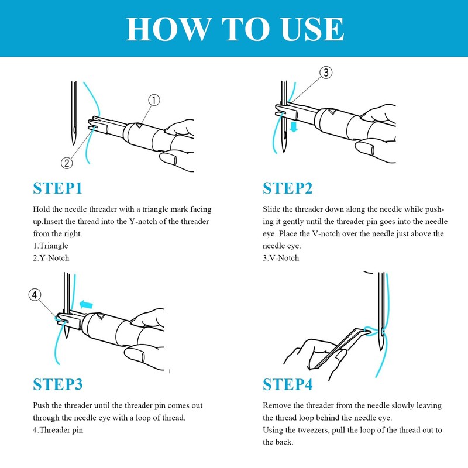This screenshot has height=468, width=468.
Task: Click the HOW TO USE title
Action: click(x=234, y=28)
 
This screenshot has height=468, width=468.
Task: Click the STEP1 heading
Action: click(x=57, y=188)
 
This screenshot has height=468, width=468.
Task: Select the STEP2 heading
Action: click(x=287, y=188)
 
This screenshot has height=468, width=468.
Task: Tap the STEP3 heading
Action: click(x=57, y=384)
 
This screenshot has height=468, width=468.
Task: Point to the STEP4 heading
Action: click(x=287, y=384)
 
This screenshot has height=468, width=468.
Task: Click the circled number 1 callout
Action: click(x=153, y=101)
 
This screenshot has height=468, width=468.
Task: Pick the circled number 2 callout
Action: click(x=67, y=162)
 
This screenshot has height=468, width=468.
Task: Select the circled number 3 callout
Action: click(x=326, y=73)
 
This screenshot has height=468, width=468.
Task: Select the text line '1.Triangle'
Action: click(x=50, y=246)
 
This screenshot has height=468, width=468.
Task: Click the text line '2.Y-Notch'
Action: click(x=51, y=258)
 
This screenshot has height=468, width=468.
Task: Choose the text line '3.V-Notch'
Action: click(x=281, y=258)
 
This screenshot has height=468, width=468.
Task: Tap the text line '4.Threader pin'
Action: click(x=58, y=430)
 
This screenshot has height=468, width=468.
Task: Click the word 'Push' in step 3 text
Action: click(x=42, y=405)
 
